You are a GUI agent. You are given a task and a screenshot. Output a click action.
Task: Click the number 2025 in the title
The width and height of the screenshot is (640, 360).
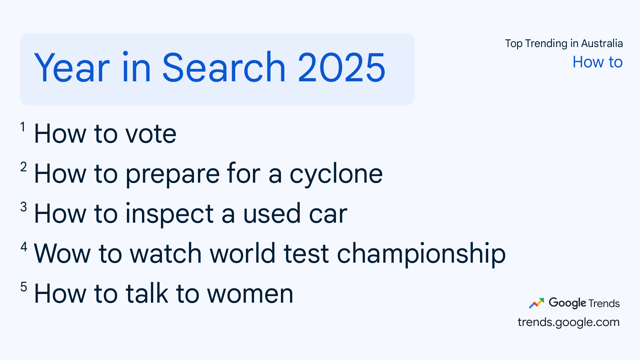tap(342, 68)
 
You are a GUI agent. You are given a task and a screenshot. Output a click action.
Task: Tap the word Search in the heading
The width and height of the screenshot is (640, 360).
tap(224, 67)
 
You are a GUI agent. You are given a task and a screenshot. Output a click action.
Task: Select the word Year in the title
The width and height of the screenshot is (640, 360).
tap(72, 68)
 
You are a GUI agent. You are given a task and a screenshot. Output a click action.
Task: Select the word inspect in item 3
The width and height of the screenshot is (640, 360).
tap(169, 214)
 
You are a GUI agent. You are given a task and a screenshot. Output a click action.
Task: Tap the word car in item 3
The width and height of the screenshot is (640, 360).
tap(328, 214)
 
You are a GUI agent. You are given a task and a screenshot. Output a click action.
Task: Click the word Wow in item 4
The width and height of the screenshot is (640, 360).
tap(62, 254)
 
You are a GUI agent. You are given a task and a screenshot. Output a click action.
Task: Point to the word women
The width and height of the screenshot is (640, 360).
tap(250, 294)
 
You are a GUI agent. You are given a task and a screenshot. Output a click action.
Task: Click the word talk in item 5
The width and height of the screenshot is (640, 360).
tap(147, 293)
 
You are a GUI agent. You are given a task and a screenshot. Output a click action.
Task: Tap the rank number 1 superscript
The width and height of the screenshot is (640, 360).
tap(23, 127)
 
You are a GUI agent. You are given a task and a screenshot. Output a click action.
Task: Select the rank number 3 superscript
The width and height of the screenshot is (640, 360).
tap(23, 207)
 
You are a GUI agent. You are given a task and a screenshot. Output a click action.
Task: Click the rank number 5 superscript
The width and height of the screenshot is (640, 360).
tap(23, 287)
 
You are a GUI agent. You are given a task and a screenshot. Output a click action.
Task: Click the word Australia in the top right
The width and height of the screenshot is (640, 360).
tap(602, 43)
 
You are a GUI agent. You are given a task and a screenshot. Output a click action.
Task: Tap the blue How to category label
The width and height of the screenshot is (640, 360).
tap(598, 62)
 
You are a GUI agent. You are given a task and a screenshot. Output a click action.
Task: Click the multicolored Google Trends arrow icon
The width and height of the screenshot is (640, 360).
tap(536, 303)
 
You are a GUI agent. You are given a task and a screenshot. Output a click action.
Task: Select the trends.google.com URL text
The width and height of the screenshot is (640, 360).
tap(569, 322)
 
